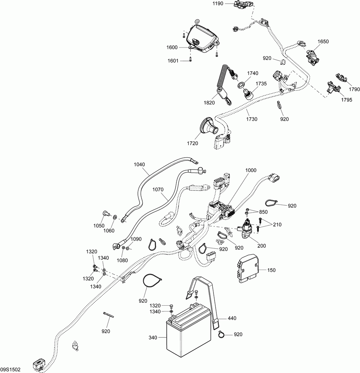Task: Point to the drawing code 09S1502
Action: [x=10, y=369]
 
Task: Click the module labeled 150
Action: [x=247, y=269]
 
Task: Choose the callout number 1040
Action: [x=139, y=164]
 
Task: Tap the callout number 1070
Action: [x=158, y=189]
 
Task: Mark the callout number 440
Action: [x=232, y=318]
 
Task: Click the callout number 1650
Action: [x=323, y=42]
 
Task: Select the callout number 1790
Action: [x=355, y=89]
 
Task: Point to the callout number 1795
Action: [x=346, y=100]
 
